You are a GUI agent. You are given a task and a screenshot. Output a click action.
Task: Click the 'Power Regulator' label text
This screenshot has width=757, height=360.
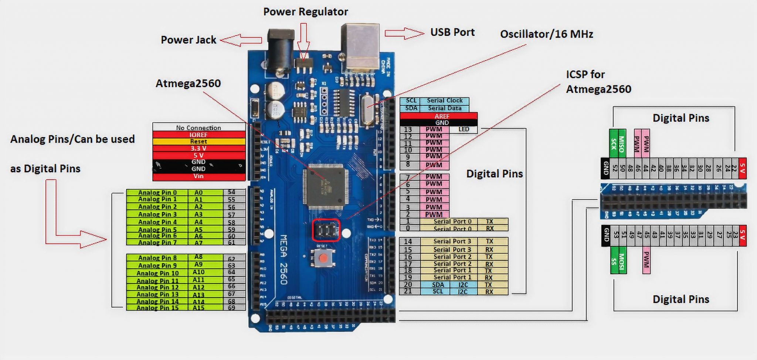(x=305, y=12)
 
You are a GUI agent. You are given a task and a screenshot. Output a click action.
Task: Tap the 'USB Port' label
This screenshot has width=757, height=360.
(x=452, y=32)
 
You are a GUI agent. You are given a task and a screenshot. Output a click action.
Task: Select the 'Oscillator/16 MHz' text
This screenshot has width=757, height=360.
(x=546, y=34)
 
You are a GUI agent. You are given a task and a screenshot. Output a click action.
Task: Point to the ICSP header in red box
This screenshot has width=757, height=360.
(x=326, y=231)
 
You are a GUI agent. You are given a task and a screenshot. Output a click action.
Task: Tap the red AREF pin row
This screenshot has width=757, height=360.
(x=438, y=116)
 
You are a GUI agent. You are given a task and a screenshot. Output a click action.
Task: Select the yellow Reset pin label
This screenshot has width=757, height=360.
(x=198, y=142)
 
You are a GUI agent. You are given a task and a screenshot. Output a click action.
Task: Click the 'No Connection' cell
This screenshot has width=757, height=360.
(x=198, y=128)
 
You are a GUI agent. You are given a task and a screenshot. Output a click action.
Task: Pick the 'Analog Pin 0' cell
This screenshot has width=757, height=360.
(x=157, y=193)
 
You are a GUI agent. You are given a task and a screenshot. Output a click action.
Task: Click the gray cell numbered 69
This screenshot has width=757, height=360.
(x=232, y=308)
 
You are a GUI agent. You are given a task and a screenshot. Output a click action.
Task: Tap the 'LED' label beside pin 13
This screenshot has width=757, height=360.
(x=464, y=129)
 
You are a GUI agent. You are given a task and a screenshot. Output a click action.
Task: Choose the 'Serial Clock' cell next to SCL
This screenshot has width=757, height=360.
(x=444, y=101)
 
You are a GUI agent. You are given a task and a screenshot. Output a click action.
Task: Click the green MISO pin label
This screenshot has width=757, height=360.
(x=622, y=144)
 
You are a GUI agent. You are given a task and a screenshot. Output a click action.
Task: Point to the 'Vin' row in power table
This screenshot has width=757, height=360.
(x=198, y=176)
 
